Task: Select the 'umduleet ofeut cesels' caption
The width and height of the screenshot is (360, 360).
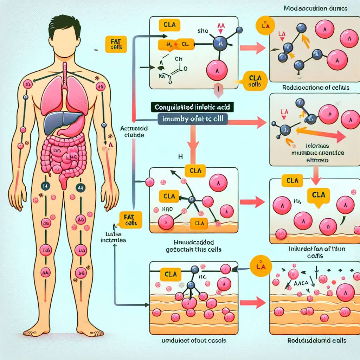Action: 194,340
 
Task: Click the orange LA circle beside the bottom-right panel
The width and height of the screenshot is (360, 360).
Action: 259,267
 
